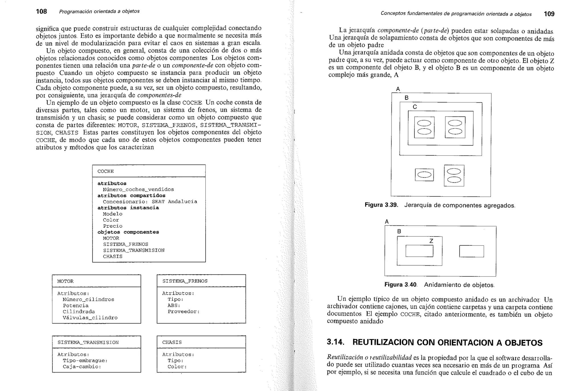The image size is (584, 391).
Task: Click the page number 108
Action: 41,11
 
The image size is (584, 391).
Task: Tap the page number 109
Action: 549,14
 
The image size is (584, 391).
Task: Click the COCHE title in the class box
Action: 106,171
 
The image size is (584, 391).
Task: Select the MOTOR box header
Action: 65,281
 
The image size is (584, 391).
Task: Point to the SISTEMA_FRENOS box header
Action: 185,281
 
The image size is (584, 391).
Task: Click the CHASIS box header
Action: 172,342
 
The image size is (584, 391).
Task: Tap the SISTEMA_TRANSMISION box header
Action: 88,343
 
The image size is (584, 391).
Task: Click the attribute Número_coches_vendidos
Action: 138,190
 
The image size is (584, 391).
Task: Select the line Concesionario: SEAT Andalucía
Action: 150,202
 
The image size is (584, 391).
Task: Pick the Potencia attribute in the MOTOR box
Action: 76,306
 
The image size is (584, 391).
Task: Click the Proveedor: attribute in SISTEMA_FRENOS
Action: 183,311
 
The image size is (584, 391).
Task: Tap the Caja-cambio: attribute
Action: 82,367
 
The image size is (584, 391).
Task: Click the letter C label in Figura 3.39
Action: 415,107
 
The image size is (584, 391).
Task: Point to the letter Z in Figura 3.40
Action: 431,241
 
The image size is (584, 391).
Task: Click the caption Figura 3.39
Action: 381,205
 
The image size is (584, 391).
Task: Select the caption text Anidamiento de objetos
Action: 459,285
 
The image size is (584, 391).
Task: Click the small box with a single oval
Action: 424,175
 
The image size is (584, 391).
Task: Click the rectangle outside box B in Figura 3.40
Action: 471,251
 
